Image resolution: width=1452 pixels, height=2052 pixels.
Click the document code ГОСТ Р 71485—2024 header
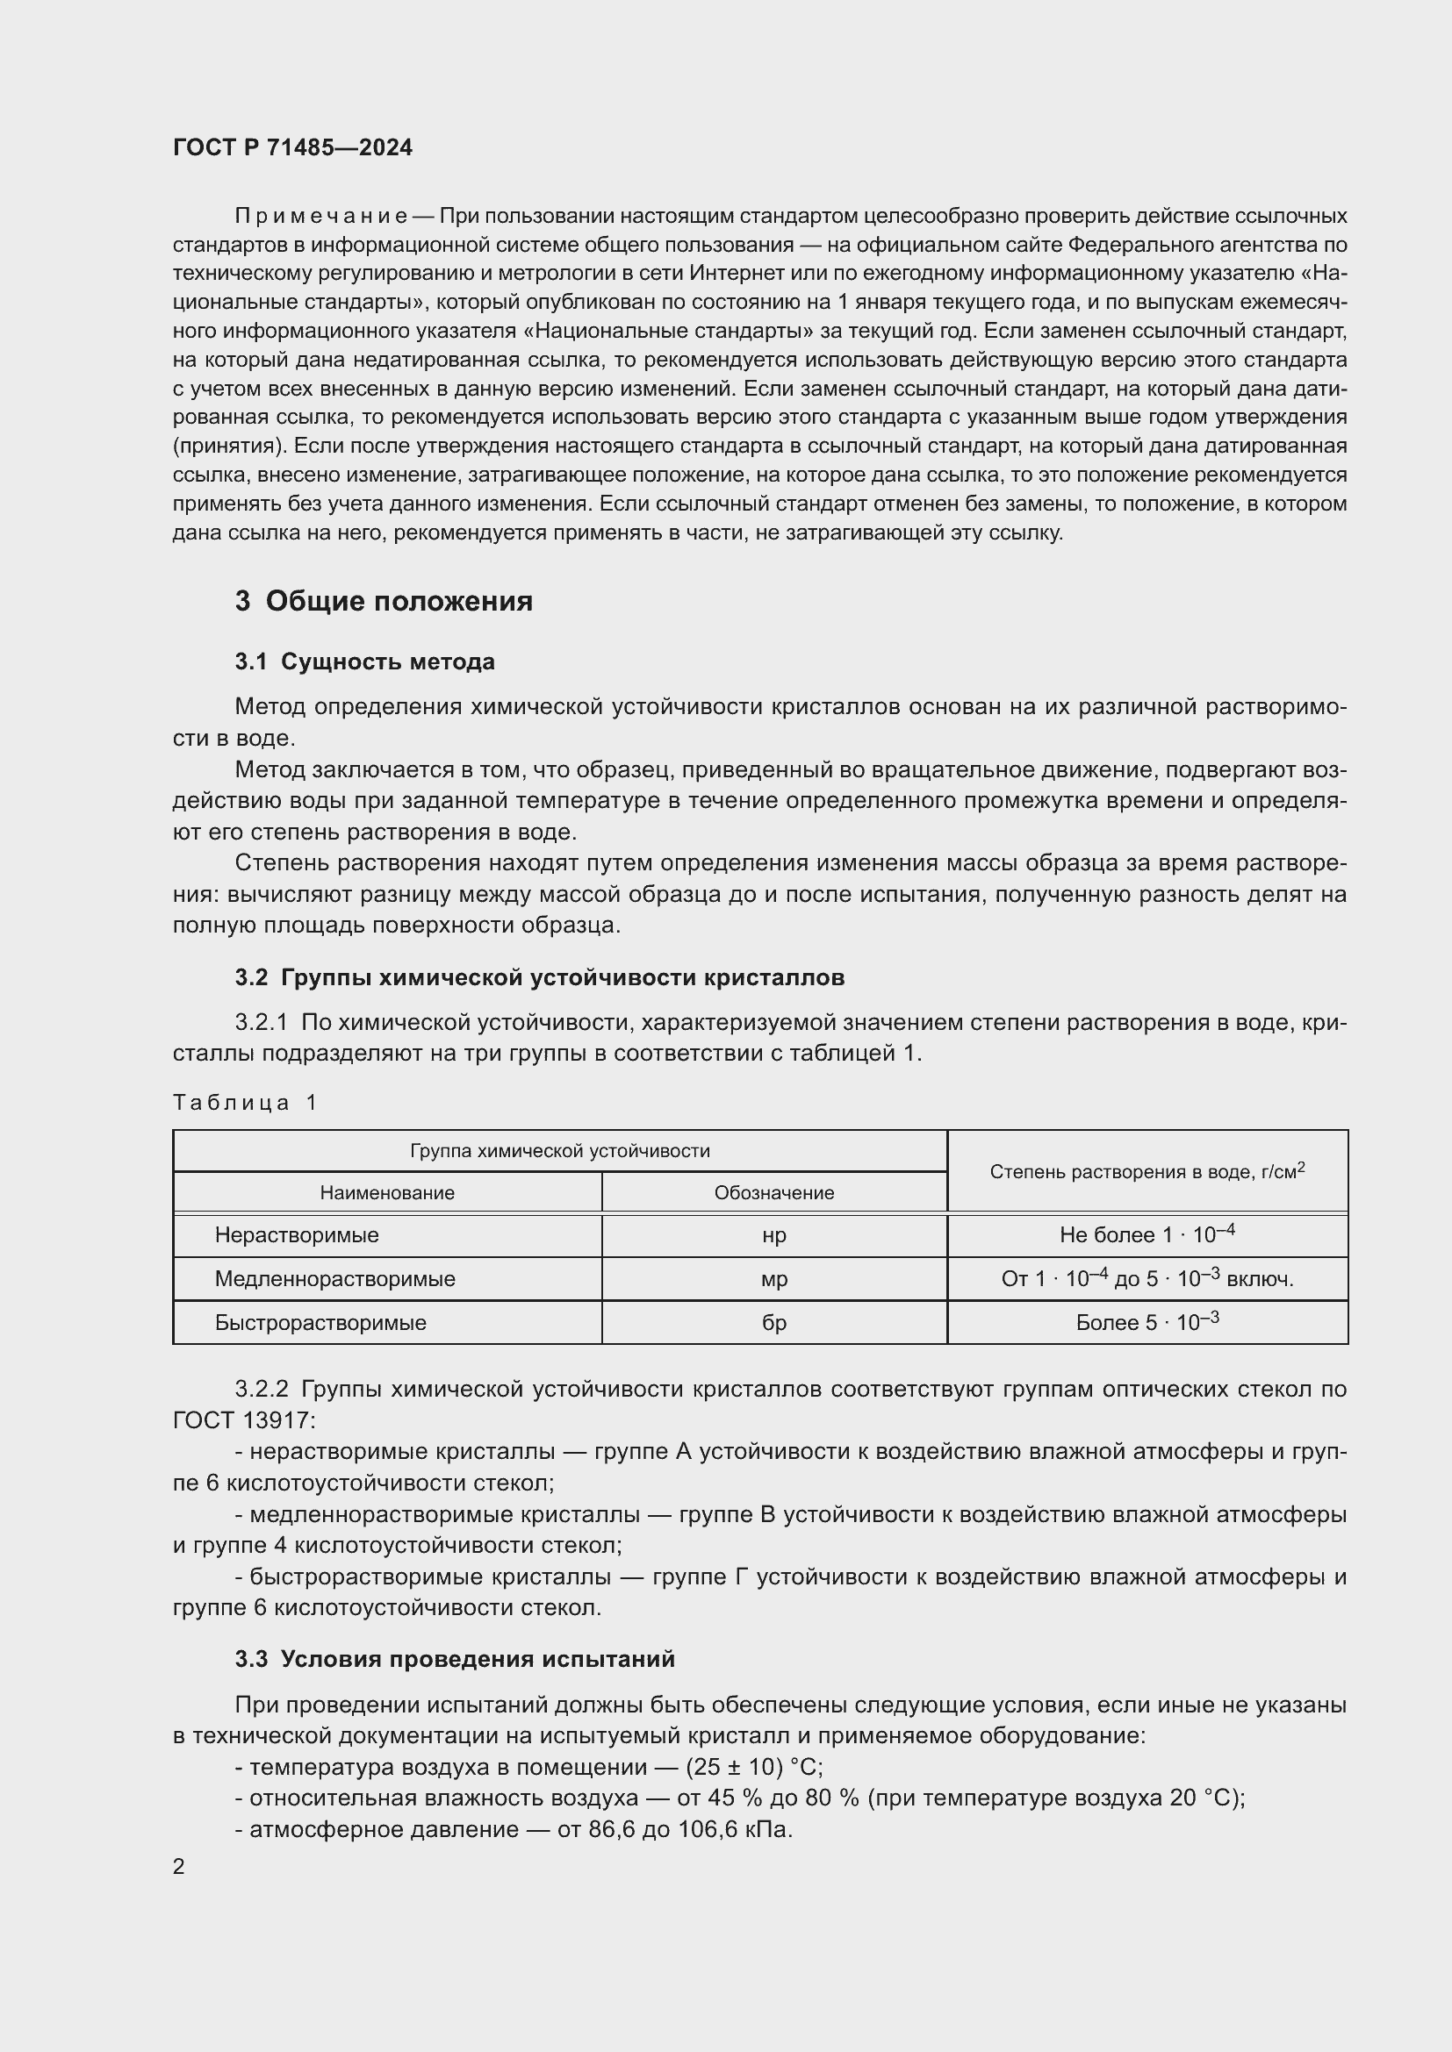coord(292,147)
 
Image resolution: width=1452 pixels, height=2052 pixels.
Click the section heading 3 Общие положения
coord(384,602)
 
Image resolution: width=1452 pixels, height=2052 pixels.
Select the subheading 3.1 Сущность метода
coord(365,662)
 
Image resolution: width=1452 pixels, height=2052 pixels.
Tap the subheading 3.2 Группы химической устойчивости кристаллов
coord(540,977)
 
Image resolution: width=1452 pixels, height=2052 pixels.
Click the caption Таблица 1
coord(245,1103)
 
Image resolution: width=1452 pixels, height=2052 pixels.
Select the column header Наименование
coord(387,1193)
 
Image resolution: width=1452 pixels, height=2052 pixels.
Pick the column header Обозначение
coord(773,1193)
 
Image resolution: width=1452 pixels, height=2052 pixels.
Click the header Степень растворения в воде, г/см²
coord(1147,1172)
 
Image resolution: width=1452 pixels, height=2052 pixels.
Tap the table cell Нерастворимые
coord(297,1235)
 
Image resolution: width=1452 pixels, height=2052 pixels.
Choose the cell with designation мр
coord(773,1279)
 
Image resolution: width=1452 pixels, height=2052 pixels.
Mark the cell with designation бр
coord(773,1323)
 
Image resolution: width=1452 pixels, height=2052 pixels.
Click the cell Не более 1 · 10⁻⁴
coord(1147,1235)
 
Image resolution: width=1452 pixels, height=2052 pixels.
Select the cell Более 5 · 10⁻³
coord(1147,1323)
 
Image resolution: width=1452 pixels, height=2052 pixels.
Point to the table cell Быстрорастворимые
coord(320,1323)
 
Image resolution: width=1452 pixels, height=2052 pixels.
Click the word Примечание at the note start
coord(321,217)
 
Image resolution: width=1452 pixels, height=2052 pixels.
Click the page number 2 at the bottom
coord(179,1867)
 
